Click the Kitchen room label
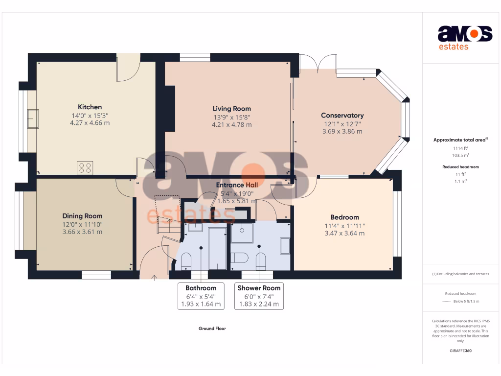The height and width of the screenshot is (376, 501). [90, 107]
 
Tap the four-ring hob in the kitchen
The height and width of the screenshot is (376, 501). [85, 167]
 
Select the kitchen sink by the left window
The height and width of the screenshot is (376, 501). [33, 119]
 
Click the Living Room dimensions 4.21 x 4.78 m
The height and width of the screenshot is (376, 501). [231, 125]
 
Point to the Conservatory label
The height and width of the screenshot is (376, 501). [342, 116]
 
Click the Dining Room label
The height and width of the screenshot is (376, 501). [82, 216]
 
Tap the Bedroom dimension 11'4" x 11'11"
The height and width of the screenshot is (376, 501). [344, 226]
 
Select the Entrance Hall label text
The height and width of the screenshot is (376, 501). [237, 185]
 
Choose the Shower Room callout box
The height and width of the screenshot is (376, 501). [259, 296]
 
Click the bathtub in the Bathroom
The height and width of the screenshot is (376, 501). [217, 248]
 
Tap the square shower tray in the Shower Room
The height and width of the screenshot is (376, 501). [242, 233]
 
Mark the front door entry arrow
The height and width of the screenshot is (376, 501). [155, 278]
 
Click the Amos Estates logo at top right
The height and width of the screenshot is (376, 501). [464, 38]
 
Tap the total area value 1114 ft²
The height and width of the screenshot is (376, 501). [460, 148]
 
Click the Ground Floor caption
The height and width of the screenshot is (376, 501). [212, 329]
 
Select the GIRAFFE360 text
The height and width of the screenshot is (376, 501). [460, 351]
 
